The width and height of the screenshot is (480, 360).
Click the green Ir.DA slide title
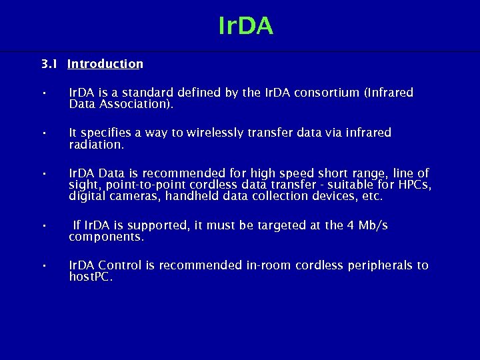[245, 26]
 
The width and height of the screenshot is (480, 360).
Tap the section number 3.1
[49, 64]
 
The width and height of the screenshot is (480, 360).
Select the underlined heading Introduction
[105, 64]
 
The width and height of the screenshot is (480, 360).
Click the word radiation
[97, 144]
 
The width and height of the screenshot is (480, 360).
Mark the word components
[106, 237]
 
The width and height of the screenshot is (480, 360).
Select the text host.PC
[91, 277]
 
